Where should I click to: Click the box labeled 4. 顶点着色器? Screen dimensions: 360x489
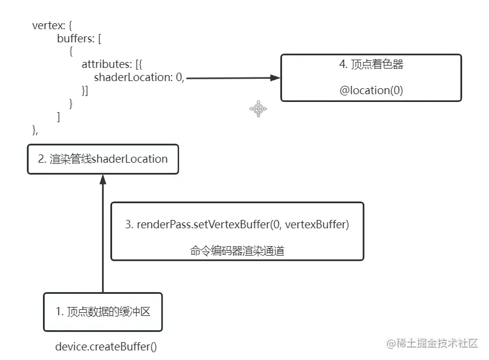pyautogui.click(x=371, y=78)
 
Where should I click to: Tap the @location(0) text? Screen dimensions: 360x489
pyautogui.click(x=371, y=91)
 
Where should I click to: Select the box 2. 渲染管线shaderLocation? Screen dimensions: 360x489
pyautogui.click(x=103, y=159)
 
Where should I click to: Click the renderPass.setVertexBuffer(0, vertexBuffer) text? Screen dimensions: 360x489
pyautogui.click(x=237, y=225)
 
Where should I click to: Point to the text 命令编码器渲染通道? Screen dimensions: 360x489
pyautogui.click(x=237, y=251)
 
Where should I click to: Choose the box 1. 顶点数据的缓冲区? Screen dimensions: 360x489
pyautogui.click(x=103, y=312)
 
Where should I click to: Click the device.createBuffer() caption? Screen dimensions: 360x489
pyautogui.click(x=106, y=346)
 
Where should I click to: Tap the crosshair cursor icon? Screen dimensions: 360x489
pyautogui.click(x=258, y=108)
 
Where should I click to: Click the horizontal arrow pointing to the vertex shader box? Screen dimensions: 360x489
pyautogui.click(x=233, y=78)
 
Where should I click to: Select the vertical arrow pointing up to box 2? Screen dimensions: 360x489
pyautogui.click(x=103, y=238)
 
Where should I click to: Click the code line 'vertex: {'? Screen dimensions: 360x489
pyautogui.click(x=53, y=26)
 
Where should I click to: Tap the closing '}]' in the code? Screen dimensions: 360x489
pyautogui.click(x=85, y=91)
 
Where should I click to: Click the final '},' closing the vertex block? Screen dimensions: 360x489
pyautogui.click(x=35, y=130)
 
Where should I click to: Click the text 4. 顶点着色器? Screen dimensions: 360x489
pyautogui.click(x=371, y=65)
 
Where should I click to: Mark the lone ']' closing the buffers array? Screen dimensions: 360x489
pyautogui.click(x=58, y=117)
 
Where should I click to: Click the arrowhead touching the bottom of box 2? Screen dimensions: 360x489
pyautogui.click(x=103, y=179)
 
